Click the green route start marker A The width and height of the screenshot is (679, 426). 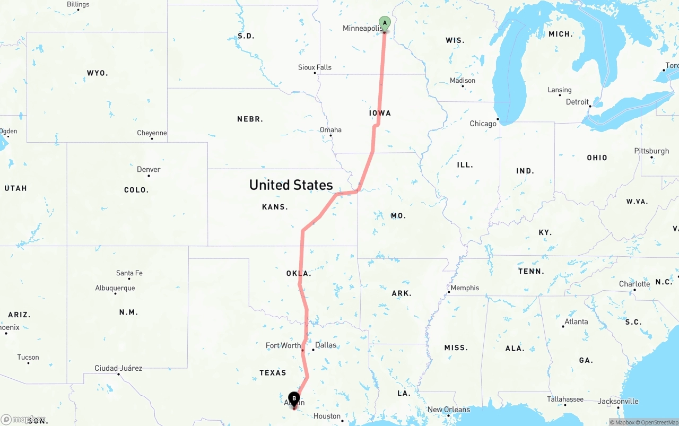[x=385, y=23]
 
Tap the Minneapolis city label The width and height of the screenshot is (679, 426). [x=363, y=28]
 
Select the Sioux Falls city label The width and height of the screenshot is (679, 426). [x=315, y=67]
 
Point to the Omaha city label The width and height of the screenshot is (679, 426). [x=330, y=129]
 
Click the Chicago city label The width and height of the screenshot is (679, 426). [x=483, y=124]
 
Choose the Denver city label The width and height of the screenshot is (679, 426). [x=149, y=169]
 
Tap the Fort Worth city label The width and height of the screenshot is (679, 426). [x=283, y=345]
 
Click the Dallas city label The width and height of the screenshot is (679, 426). [x=326, y=345]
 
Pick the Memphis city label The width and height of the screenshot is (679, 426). [x=465, y=288]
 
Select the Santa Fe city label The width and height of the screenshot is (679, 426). [x=129, y=273]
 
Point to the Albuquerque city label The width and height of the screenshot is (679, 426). [x=115, y=288]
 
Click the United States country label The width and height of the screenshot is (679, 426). [x=291, y=185]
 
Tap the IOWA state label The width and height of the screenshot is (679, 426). [x=380, y=113]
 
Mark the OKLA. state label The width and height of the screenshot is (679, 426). [x=299, y=273]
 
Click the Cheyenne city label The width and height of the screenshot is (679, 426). [x=152, y=133]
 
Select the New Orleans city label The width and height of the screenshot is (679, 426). [x=449, y=409]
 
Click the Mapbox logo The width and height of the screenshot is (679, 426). [x=23, y=419]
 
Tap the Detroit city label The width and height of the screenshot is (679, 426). [x=577, y=102]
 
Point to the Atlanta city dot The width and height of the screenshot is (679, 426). [x=563, y=326]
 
